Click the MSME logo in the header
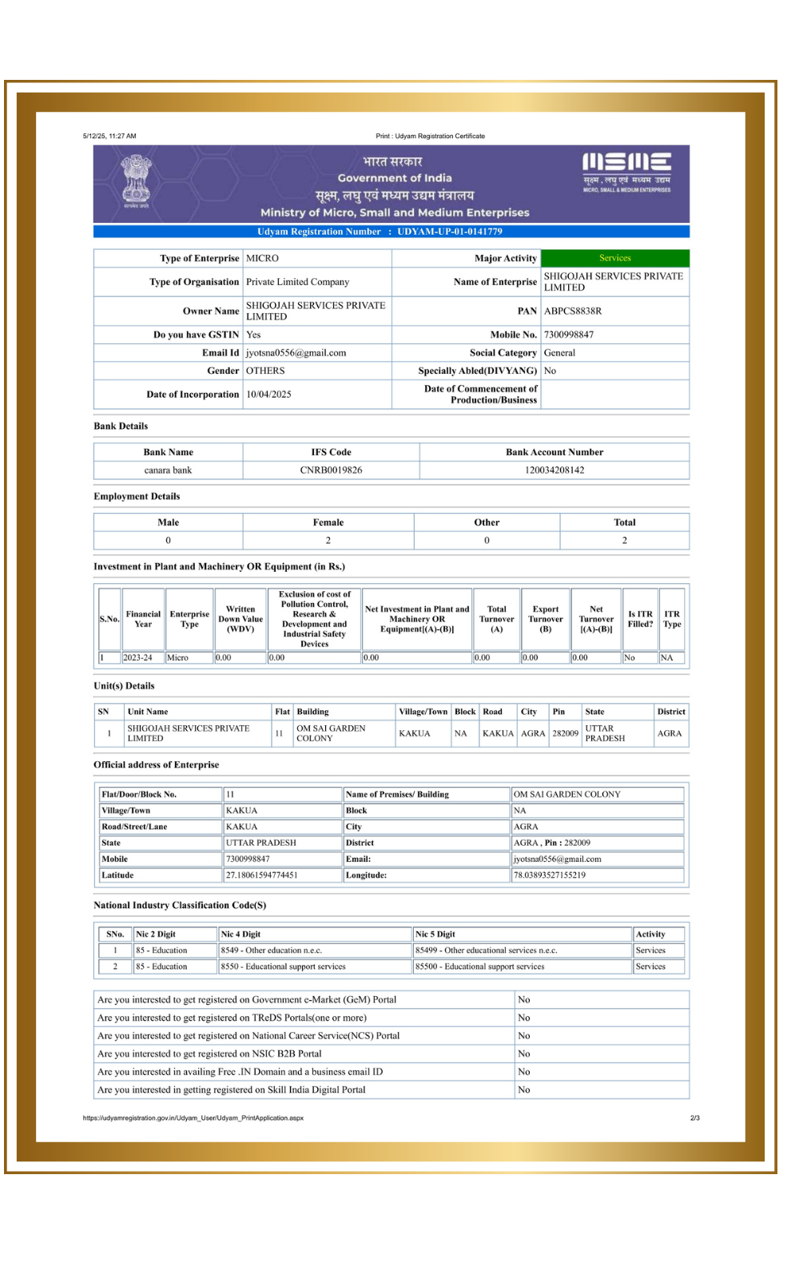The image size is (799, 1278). (x=626, y=172)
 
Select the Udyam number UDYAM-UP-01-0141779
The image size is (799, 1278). (x=450, y=232)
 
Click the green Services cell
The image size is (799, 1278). (x=614, y=258)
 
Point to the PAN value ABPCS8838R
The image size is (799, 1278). (x=573, y=311)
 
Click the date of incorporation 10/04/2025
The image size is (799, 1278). (x=268, y=395)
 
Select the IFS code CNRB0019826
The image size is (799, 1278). (x=331, y=470)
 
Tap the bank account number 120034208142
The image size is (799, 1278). (x=555, y=470)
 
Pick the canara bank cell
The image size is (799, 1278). (x=168, y=470)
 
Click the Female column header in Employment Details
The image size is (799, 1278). (x=328, y=522)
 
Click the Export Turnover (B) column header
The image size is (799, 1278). (x=546, y=619)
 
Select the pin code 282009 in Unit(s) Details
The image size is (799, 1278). (x=565, y=733)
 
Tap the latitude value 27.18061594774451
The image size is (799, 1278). (x=262, y=875)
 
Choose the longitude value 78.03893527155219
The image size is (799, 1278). (x=550, y=875)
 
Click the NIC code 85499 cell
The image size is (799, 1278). (x=487, y=951)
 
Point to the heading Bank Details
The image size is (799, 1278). (x=121, y=427)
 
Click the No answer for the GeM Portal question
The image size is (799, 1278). (x=524, y=1000)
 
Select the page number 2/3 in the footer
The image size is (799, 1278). (x=694, y=1118)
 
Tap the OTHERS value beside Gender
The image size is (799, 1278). (x=265, y=371)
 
